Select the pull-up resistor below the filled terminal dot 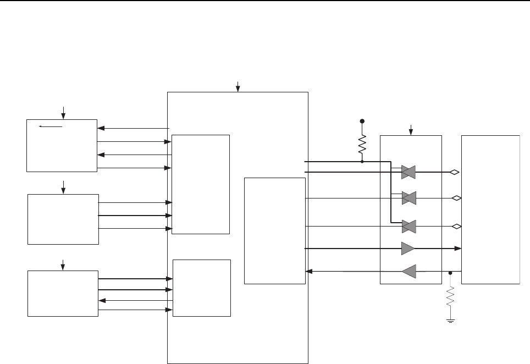coord(362,145)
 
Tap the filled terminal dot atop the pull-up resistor coord(362,120)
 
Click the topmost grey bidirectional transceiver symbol coord(408,172)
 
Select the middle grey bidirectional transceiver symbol coord(408,198)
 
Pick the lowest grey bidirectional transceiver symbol coord(408,226)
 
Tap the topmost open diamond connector coord(454,172)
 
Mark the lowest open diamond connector coord(456,226)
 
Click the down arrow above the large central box coord(238,86)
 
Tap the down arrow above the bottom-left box coord(63,264)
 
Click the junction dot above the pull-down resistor coord(450,272)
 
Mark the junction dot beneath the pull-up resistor coord(362,162)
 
